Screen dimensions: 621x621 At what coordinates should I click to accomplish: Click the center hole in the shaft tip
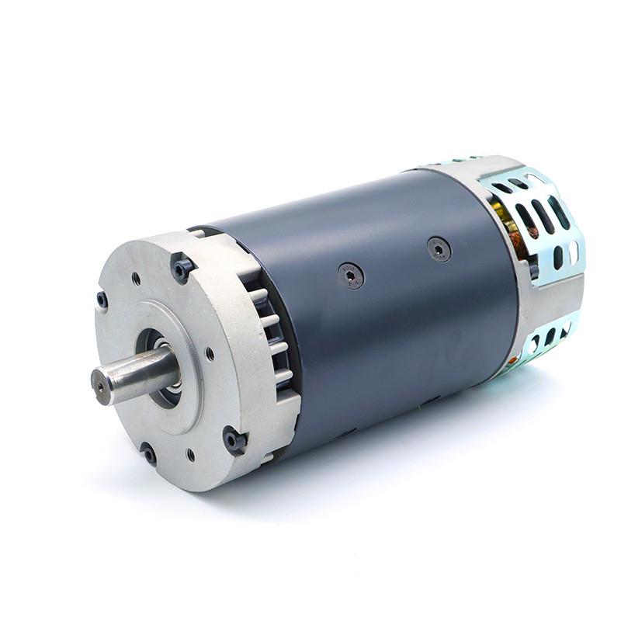100,384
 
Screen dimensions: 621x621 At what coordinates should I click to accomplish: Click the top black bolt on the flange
183,268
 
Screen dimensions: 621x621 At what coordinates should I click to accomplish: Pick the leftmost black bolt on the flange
102,299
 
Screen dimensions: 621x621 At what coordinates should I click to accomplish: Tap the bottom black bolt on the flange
147,453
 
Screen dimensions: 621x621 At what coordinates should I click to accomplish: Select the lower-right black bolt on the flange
234,440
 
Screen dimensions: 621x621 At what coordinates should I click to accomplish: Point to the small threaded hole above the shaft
137,277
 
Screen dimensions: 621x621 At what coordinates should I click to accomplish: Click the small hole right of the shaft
210,354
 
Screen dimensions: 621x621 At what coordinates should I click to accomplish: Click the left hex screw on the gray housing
350,275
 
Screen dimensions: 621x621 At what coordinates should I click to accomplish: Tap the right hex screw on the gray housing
439,248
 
